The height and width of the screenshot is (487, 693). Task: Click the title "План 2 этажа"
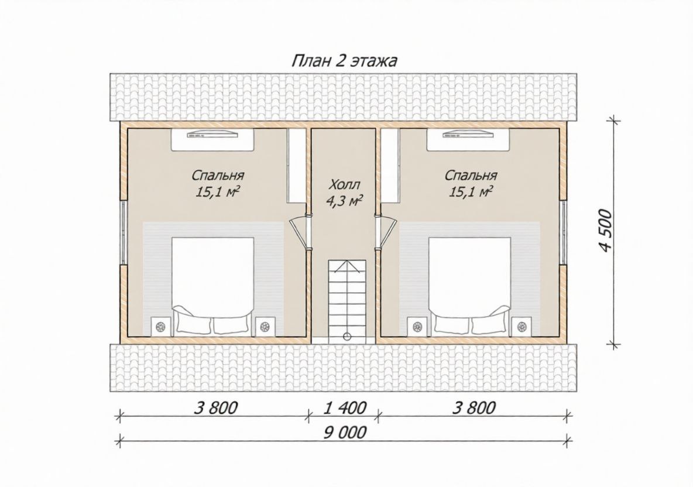pyautogui.click(x=344, y=61)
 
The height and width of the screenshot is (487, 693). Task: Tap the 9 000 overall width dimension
pyautogui.click(x=345, y=432)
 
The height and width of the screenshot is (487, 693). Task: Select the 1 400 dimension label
pyautogui.click(x=345, y=408)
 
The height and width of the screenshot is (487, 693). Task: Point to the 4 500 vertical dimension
pyautogui.click(x=605, y=231)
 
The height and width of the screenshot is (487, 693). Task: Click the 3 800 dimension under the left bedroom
pyautogui.click(x=216, y=407)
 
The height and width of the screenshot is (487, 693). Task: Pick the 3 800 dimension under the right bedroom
pyautogui.click(x=474, y=407)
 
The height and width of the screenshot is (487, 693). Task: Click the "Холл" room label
pyautogui.click(x=345, y=184)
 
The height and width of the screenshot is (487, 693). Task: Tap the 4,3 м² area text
pyautogui.click(x=345, y=201)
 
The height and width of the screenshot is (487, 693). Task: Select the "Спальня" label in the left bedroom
pyautogui.click(x=218, y=176)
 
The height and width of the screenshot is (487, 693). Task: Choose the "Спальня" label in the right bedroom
pyautogui.click(x=471, y=176)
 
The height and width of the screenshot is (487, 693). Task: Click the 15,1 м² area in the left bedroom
pyautogui.click(x=218, y=192)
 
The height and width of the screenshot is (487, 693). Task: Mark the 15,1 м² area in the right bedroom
pyautogui.click(x=471, y=192)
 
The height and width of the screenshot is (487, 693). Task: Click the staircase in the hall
pyautogui.click(x=347, y=300)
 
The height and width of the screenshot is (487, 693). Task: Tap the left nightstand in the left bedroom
pyautogui.click(x=161, y=327)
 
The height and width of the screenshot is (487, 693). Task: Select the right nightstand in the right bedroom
pyautogui.click(x=522, y=327)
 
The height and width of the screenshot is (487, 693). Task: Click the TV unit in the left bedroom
pyautogui.click(x=212, y=139)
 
